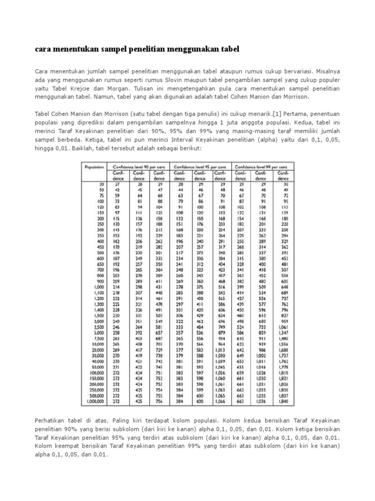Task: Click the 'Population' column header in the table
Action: pos(94,167)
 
